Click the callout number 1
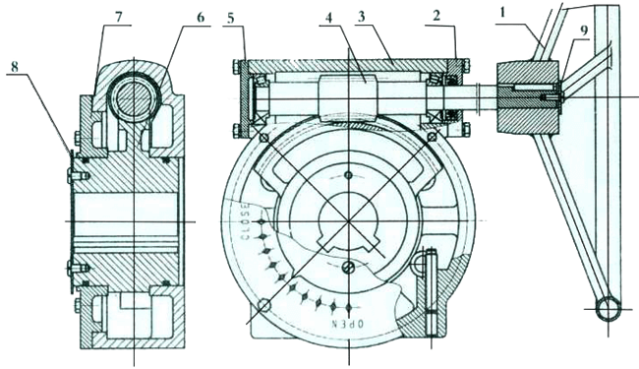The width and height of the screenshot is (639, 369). [x=502, y=13]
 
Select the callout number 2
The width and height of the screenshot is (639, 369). [x=436, y=16]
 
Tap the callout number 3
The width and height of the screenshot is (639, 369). [x=361, y=17]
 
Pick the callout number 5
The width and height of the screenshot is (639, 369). [x=231, y=19]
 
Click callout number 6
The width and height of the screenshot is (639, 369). [x=201, y=17]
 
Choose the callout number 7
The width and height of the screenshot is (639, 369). [x=119, y=17]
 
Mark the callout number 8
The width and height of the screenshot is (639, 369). [x=15, y=67]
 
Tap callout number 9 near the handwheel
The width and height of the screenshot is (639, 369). [x=584, y=31]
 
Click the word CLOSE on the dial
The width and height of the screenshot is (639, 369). [x=245, y=222]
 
